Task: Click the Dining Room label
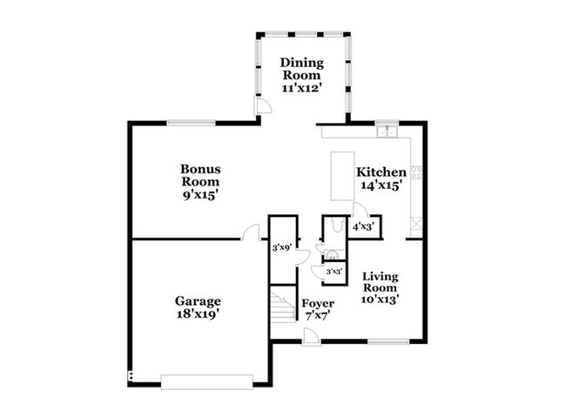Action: (302, 69)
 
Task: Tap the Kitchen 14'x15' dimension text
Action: (381, 186)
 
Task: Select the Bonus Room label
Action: (200, 175)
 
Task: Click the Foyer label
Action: (318, 303)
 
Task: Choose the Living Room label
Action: (381, 282)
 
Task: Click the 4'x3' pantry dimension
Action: (363, 226)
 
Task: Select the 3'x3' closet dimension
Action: (334, 272)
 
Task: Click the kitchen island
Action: (342, 176)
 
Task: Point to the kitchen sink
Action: (387, 132)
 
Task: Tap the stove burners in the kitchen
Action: (416, 172)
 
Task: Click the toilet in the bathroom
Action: (337, 226)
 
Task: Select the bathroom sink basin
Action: (332, 255)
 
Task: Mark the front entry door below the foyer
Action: (311, 337)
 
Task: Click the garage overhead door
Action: (207, 382)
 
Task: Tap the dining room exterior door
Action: (262, 105)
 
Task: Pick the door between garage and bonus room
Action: (251, 233)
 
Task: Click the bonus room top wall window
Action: (192, 123)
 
